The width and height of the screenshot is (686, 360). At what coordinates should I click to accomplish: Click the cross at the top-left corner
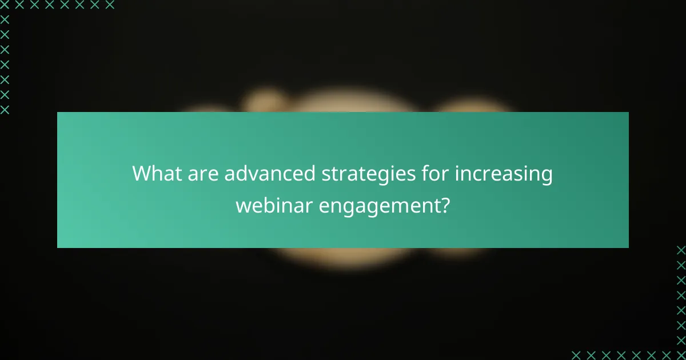point(5,5)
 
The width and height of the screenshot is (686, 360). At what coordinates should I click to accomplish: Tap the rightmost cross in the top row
point(110,5)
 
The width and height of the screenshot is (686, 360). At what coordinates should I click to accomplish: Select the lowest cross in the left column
point(5,110)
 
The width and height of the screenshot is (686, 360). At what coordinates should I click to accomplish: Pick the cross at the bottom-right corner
point(681,354)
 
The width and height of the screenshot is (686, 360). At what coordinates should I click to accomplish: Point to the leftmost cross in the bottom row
point(576,354)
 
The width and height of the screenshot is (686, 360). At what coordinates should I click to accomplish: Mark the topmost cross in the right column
point(681,250)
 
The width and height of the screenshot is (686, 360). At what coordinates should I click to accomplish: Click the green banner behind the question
point(91,229)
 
